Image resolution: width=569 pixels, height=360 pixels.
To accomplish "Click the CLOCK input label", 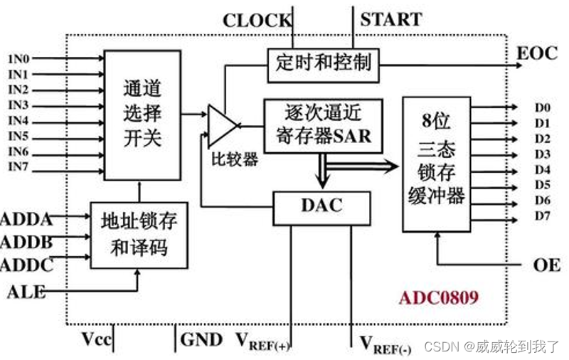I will pyautogui.click(x=256, y=20).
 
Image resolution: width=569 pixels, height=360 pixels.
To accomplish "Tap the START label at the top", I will pyautogui.click(x=390, y=18).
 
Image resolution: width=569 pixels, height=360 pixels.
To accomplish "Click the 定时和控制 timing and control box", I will pyautogui.click(x=322, y=63).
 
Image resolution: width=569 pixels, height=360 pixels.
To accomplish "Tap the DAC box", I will pyautogui.click(x=321, y=207).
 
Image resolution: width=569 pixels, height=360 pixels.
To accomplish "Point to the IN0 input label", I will pyautogui.click(x=18, y=58).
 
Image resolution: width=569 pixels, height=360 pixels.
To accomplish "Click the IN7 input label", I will pyautogui.click(x=18, y=168).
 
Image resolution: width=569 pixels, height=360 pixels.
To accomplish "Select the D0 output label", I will pyautogui.click(x=542, y=107).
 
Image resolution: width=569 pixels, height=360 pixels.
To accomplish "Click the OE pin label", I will pyautogui.click(x=543, y=265).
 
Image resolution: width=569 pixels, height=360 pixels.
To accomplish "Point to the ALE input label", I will pyautogui.click(x=26, y=290).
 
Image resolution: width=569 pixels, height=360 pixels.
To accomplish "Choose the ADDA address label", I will pyautogui.click(x=26, y=218).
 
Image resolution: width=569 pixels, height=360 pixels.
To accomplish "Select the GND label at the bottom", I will pyautogui.click(x=201, y=340).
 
